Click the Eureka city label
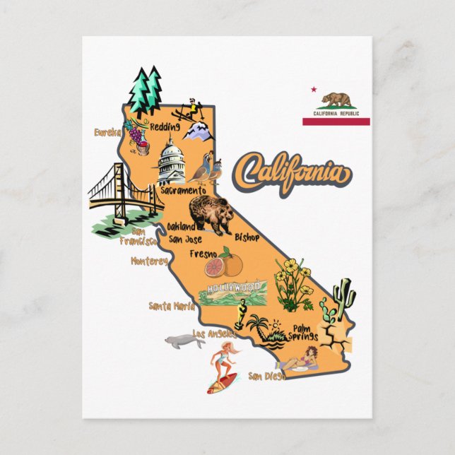pyautogui.click(x=108, y=131)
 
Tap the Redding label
pyautogui.click(x=165, y=127)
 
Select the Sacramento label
pyautogui.click(x=182, y=190)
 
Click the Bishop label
pyautogui.click(x=247, y=237)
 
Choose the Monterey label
pyautogui.click(x=149, y=261)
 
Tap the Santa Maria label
pyautogui.click(x=170, y=306)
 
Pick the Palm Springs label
pyautogui.click(x=302, y=332)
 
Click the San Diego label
pyautogui.click(x=266, y=375)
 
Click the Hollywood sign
pyautogui.click(x=233, y=288)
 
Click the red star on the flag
pyautogui.click(x=313, y=90)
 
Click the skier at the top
pyautogui.click(x=189, y=107)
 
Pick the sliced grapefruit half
pyautogui.click(x=215, y=267)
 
